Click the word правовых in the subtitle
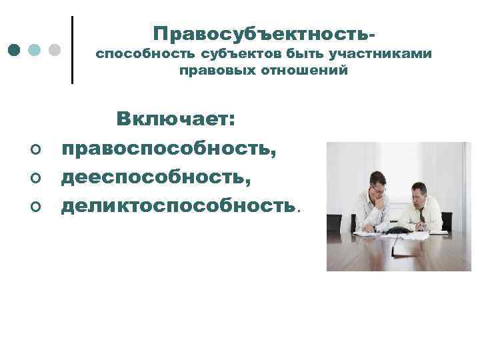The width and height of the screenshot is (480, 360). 209,70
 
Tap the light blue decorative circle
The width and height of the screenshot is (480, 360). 35,50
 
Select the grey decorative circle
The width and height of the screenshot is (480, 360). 55,50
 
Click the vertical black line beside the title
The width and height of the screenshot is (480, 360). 72,50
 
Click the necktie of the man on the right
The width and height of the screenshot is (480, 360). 421,214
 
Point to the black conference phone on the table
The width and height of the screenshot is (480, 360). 399,231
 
